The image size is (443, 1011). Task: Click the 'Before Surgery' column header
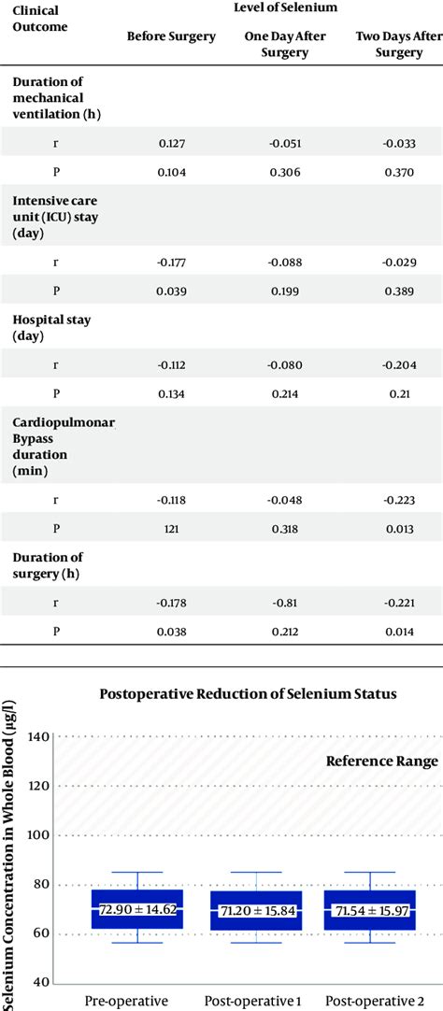tap(171, 36)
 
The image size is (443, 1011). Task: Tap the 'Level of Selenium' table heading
tap(284, 8)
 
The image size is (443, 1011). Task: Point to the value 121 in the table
tap(171, 528)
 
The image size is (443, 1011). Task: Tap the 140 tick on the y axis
tap(39, 737)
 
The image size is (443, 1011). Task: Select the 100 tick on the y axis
tap(39, 835)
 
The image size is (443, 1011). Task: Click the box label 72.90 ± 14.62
tap(138, 908)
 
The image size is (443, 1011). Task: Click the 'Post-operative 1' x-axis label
tap(255, 1001)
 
